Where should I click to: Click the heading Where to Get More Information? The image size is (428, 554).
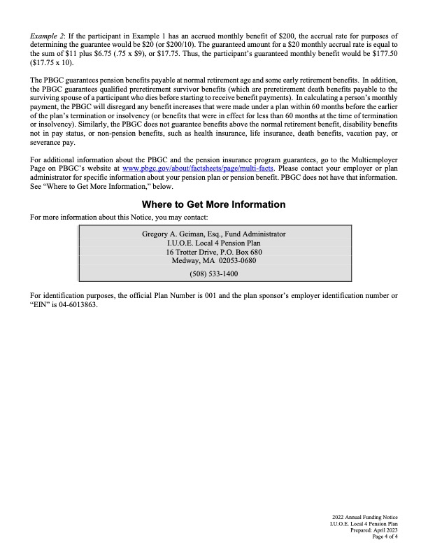(213, 204)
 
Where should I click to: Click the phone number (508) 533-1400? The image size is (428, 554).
(213, 274)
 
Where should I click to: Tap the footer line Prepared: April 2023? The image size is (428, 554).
(375, 530)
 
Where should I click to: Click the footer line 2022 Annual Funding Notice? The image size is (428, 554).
(365, 516)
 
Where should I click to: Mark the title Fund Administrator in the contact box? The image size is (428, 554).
(257, 234)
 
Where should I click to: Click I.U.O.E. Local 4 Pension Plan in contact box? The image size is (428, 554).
(213, 243)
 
